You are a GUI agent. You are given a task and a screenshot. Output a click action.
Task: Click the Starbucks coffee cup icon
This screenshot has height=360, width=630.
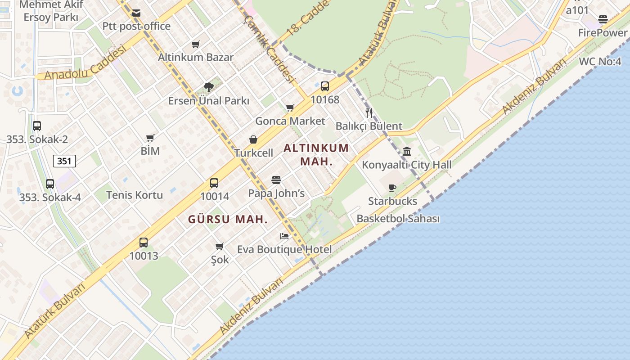tap(392, 188)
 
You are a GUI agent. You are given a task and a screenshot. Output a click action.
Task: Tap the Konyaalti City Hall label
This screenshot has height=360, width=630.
tap(407, 165)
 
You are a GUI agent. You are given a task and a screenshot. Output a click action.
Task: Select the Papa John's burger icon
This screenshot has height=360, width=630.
tap(276, 180)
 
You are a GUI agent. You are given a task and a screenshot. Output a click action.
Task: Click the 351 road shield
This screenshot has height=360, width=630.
tap(64, 161)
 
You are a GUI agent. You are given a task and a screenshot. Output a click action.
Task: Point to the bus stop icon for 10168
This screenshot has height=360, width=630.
tap(324, 86)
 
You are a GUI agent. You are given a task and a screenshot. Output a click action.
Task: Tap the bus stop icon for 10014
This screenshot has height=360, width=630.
tap(214, 183)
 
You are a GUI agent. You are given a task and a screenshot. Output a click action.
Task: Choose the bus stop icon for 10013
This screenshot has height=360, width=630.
tap(144, 243)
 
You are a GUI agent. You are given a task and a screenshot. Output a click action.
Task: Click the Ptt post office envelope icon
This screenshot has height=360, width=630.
tap(136, 13)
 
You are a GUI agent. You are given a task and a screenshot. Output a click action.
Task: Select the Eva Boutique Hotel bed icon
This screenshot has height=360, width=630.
tap(284, 236)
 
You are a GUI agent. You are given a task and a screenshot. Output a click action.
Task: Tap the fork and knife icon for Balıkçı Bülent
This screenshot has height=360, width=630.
tap(369, 112)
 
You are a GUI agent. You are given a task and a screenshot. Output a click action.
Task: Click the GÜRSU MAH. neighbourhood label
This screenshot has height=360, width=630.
tap(228, 220)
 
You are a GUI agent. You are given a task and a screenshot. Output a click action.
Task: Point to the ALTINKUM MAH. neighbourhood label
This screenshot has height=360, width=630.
tap(316, 154)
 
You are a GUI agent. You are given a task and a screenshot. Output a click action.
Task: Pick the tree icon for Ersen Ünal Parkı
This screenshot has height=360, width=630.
tap(208, 87)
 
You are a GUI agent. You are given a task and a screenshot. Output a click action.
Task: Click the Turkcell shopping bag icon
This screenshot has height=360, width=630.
tap(253, 139)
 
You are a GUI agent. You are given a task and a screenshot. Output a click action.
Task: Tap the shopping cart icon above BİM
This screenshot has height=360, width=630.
tap(150, 138)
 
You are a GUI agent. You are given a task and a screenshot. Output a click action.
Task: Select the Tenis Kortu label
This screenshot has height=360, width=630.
tap(135, 195)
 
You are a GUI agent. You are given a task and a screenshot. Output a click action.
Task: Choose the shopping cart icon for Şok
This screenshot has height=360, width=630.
tap(220, 246)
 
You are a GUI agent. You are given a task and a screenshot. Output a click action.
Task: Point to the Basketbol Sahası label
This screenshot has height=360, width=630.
tap(398, 219)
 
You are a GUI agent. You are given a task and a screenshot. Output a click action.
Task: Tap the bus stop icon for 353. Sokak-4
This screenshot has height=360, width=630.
tap(50, 184)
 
